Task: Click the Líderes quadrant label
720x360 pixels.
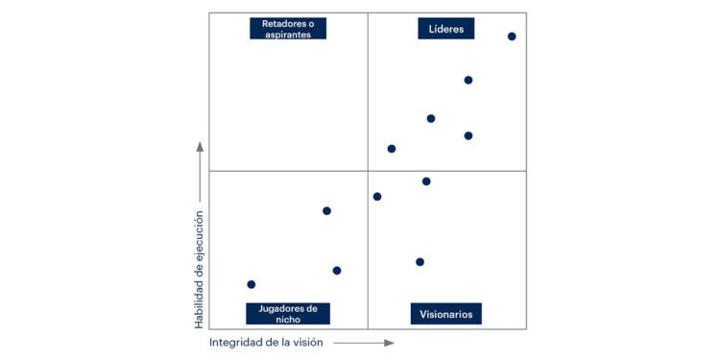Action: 446,29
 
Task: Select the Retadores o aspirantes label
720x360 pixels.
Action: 288,29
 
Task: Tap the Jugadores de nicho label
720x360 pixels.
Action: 288,314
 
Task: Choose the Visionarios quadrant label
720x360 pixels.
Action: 446,314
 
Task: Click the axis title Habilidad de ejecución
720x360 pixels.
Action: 200,258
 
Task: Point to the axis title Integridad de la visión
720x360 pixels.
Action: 266,342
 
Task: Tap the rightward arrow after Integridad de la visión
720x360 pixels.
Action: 364,342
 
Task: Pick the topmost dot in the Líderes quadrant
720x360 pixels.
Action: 512,36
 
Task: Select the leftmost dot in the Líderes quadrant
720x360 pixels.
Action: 392,149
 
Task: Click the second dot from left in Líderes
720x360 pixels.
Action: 431,119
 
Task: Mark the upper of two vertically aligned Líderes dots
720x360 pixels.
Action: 468,81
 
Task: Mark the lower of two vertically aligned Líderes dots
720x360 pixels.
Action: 468,135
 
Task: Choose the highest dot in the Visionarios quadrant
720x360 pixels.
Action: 426,181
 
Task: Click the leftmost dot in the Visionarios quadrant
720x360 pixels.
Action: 377,197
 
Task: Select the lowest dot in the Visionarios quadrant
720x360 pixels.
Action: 420,262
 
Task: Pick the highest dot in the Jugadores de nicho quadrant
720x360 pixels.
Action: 326,211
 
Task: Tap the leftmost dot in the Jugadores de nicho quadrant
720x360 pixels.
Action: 252,284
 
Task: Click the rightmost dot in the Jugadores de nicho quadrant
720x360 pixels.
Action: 337,271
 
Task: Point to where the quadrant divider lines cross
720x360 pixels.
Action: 368,171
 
